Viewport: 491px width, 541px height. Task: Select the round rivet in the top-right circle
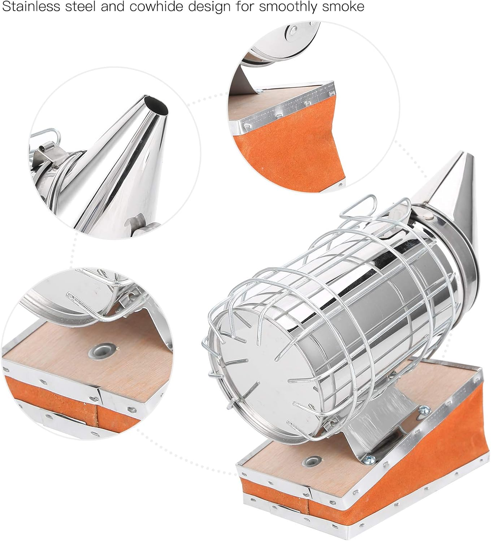click(291, 33)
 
